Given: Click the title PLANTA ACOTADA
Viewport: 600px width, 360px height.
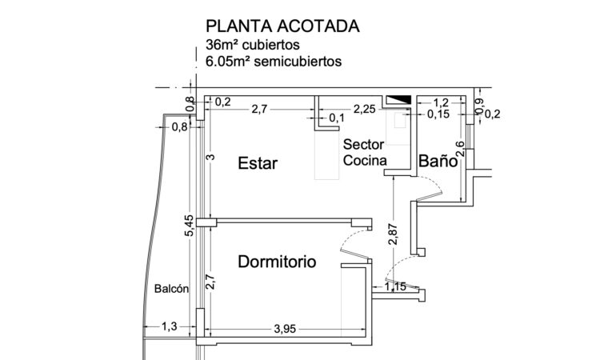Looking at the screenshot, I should coord(283,26).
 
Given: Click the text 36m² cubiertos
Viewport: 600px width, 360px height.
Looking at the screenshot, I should coord(254,45).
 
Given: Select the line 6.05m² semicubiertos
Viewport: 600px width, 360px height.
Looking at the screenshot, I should coord(274,60).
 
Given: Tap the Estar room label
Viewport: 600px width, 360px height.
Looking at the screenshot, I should coord(258,164).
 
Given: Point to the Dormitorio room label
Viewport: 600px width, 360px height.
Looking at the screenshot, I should coord(277,262).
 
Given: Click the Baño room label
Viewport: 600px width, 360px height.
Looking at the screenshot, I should coord(438,162).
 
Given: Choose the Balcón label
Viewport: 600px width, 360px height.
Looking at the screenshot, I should coord(171,290).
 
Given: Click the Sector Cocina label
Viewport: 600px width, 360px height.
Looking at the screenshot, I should coord(365,152).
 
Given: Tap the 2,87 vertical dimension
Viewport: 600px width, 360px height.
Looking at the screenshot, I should coord(392,231).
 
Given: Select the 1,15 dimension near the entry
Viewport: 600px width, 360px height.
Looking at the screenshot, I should coord(396,286).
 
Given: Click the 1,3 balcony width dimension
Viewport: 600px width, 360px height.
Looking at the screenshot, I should coord(170,326).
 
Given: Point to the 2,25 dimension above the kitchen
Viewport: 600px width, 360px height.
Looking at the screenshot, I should coord(365,110).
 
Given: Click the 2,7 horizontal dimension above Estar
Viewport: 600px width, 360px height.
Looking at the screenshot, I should coord(259,110).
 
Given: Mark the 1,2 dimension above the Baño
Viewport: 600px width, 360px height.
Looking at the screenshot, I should coord(440,103).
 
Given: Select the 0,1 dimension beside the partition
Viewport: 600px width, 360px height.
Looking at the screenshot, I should coord(337,119).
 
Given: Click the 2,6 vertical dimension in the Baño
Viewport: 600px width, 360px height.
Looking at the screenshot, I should coord(459,148).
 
